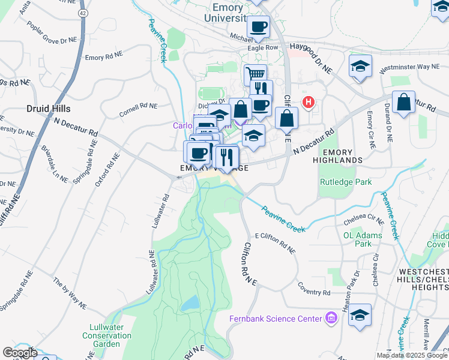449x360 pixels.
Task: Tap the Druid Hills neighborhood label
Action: [x=49, y=109]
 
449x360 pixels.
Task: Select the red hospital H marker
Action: [x=309, y=103]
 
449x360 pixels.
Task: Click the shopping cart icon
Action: [x=255, y=74]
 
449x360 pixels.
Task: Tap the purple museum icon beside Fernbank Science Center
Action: [x=330, y=317]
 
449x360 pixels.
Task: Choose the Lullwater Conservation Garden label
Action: [x=107, y=331]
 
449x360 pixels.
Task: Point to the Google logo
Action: [x=20, y=353]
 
